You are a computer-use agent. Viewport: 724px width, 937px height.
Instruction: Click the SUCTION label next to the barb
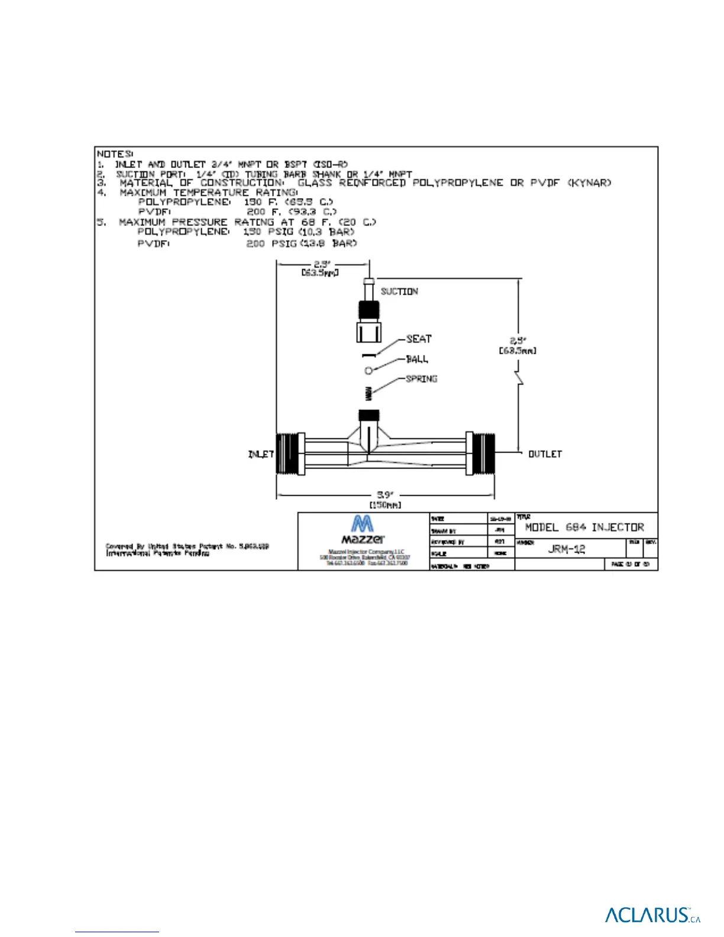(x=399, y=291)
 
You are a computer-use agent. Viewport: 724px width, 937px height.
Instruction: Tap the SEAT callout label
(x=419, y=338)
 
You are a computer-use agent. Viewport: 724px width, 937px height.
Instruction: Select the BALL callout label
(x=417, y=359)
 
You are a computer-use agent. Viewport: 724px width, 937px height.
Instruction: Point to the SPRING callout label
(x=421, y=379)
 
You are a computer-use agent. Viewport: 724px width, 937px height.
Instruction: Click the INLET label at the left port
(x=261, y=454)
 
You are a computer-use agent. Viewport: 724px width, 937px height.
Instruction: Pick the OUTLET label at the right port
(x=545, y=454)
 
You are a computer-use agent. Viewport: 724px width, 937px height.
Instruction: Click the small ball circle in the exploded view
(x=369, y=370)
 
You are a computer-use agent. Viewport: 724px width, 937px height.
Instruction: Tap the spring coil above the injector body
(x=369, y=392)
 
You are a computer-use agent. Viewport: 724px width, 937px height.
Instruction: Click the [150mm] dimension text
(x=385, y=505)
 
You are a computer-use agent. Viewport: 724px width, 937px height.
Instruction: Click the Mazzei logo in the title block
(x=362, y=529)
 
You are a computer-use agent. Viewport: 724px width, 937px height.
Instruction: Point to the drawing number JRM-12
(x=566, y=548)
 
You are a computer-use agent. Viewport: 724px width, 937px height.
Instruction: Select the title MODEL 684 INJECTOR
(x=584, y=527)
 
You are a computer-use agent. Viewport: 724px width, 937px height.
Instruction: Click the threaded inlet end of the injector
(x=289, y=453)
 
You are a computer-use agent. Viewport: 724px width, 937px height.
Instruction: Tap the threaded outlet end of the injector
(x=481, y=453)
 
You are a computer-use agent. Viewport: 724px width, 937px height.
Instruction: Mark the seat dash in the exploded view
(x=369, y=355)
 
